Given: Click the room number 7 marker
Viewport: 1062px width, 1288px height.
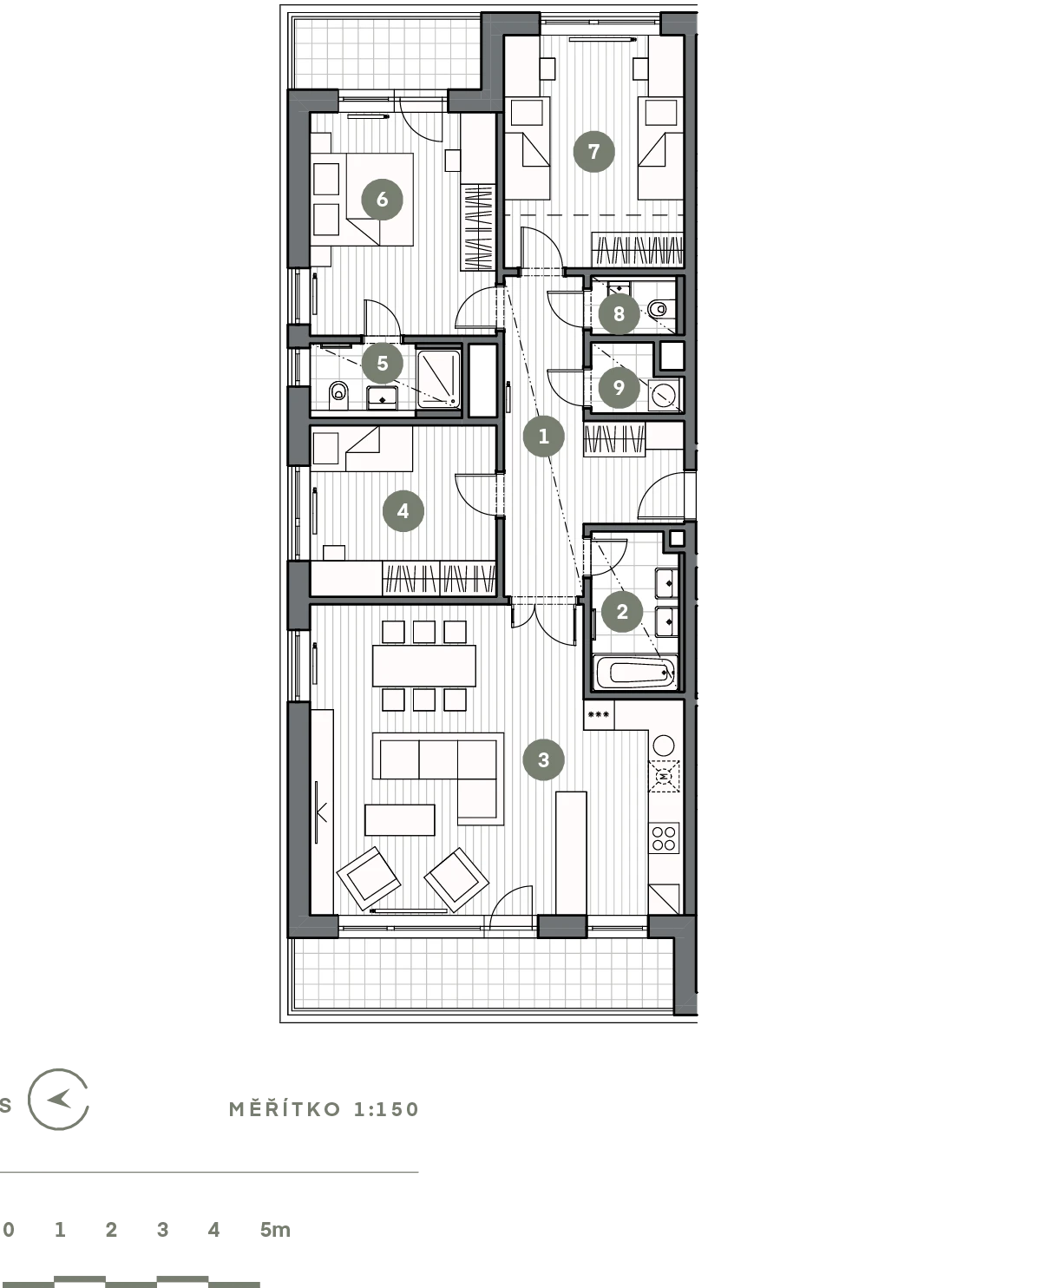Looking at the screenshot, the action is click(x=593, y=151).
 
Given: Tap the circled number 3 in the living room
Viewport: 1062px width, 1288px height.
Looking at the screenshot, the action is click(x=543, y=759).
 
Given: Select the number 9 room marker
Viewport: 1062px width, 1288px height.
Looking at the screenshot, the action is click(x=619, y=387).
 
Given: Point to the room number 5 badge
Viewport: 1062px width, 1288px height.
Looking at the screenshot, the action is click(x=383, y=364).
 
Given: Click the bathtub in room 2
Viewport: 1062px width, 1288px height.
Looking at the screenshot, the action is click(x=634, y=672).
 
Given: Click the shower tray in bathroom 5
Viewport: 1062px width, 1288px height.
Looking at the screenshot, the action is click(x=438, y=378).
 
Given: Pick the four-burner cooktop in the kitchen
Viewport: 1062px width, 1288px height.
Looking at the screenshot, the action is click(x=664, y=838).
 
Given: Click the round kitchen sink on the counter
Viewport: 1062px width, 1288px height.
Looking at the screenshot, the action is click(x=664, y=745).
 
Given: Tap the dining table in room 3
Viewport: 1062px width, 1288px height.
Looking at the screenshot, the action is click(x=423, y=666).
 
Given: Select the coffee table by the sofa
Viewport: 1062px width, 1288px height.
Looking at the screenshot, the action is click(x=400, y=820).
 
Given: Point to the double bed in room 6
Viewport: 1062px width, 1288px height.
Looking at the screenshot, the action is click(x=363, y=200).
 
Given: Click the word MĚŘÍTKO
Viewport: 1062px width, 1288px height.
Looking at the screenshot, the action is click(x=285, y=1109).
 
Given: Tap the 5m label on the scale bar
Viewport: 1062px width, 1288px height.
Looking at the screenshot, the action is click(x=274, y=1229).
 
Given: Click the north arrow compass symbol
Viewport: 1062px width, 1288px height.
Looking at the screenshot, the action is click(x=59, y=1100).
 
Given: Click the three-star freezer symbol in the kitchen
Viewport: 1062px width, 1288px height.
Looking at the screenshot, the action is click(x=598, y=714).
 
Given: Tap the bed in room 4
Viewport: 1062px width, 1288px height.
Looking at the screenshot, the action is click(x=362, y=449).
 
